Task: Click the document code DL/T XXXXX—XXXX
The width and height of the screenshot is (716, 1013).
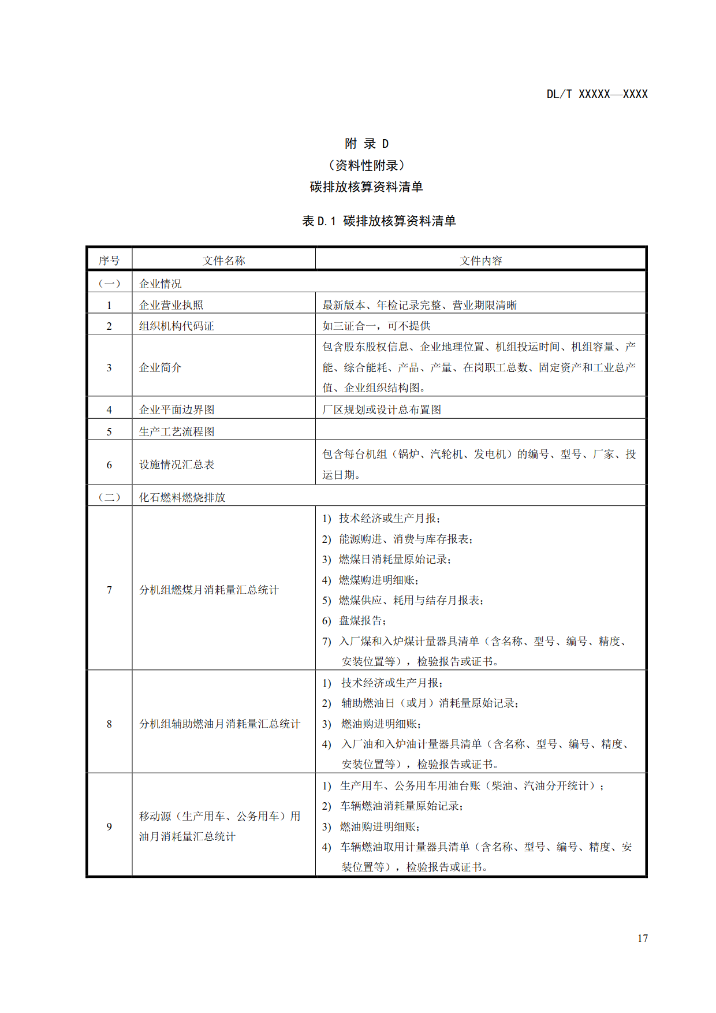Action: click(597, 94)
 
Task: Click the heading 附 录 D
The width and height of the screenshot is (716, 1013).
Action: click(366, 144)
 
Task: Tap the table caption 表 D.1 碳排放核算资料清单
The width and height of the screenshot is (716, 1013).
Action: click(379, 221)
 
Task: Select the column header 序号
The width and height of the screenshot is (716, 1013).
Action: click(109, 260)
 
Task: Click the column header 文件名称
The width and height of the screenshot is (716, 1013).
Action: click(223, 260)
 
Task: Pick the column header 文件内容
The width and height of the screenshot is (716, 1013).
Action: click(480, 260)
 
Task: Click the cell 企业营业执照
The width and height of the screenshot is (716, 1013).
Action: click(171, 305)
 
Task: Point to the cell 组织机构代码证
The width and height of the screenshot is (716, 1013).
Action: click(176, 326)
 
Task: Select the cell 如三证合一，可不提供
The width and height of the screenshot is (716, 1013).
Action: click(376, 326)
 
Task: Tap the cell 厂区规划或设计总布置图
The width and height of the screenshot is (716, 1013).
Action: click(382, 409)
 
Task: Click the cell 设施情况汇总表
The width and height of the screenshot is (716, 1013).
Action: click(176, 464)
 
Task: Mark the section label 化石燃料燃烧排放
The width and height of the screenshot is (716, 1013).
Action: click(182, 497)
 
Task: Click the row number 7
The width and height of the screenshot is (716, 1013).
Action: click(109, 590)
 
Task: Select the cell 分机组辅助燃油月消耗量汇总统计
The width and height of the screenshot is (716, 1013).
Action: click(219, 724)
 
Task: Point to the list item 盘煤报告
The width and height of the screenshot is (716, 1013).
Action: click(362, 621)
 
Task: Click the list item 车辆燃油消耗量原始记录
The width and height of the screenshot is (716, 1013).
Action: click(401, 806)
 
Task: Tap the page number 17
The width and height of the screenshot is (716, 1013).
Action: click(642, 938)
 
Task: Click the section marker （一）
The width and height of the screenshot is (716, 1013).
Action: click(109, 284)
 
